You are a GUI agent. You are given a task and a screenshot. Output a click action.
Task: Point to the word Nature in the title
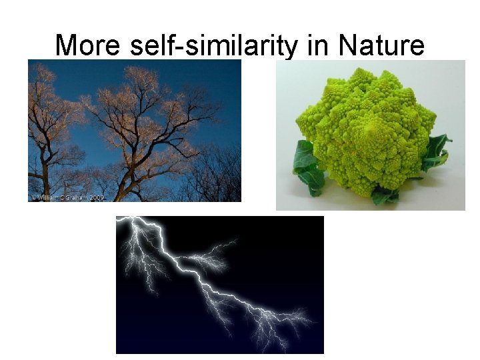coord(381,45)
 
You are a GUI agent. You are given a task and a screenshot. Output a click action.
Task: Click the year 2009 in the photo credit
coord(97,197)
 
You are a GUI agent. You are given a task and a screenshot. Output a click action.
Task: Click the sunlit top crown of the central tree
coord(143,83)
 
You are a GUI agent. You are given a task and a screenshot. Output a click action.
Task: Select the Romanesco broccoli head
coord(363,127)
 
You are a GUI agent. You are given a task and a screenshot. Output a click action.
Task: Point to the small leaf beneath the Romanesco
coord(383,196)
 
